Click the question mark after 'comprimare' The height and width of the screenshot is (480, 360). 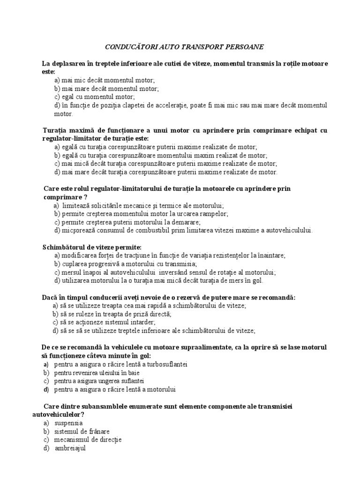point(86,197)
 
